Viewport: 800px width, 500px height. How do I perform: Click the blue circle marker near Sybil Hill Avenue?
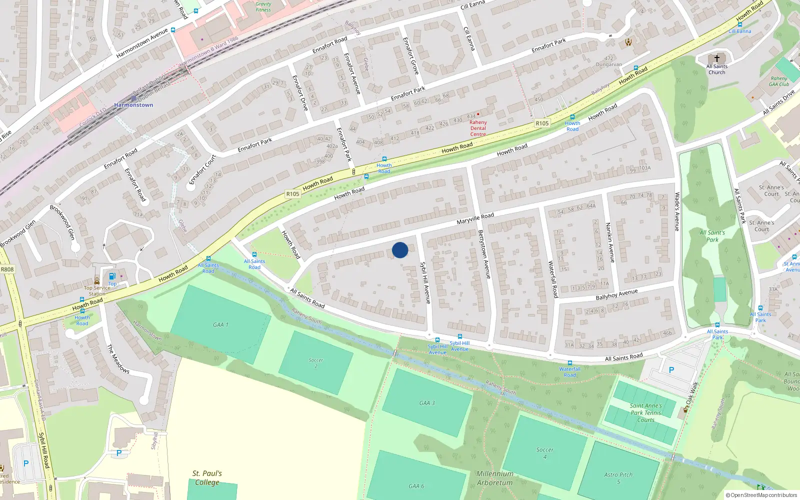click(x=400, y=250)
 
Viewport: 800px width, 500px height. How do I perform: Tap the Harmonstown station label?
click(x=133, y=105)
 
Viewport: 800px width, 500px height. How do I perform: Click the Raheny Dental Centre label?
click(x=478, y=128)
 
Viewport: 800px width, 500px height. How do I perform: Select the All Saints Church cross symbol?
click(x=717, y=58)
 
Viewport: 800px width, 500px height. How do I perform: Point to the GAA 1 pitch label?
click(x=220, y=325)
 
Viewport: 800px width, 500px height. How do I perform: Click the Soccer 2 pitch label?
click(x=316, y=363)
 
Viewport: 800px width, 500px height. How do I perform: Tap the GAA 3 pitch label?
click(x=427, y=403)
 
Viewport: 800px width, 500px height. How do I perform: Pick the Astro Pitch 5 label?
click(x=618, y=478)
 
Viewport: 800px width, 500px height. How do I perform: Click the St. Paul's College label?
click(x=207, y=477)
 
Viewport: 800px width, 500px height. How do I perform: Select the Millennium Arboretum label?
click(x=494, y=478)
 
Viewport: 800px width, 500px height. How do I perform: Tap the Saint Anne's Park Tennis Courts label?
click(x=645, y=413)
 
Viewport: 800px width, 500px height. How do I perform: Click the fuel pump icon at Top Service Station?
click(x=112, y=276)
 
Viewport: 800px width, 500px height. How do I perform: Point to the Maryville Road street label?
click(x=475, y=218)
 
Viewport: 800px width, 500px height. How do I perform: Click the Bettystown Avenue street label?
click(x=484, y=254)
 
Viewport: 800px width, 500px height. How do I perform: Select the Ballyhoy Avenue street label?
click(x=616, y=294)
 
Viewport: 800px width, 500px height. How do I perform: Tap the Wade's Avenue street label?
click(x=677, y=211)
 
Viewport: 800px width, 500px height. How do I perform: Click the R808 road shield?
click(x=7, y=269)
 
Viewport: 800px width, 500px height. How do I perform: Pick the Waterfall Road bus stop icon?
click(x=569, y=363)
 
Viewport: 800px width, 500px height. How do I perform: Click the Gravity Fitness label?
click(x=263, y=6)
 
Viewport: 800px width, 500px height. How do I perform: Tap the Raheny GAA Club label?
click(x=779, y=81)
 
